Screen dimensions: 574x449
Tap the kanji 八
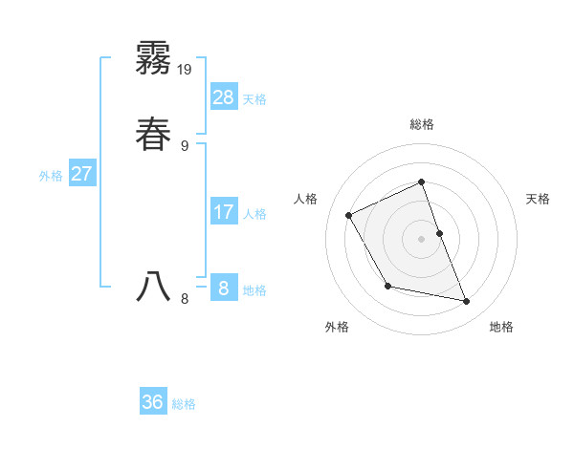click(153, 286)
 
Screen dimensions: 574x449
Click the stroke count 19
click(186, 69)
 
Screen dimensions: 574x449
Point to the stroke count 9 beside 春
click(185, 145)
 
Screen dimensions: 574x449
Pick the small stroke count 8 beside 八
click(185, 299)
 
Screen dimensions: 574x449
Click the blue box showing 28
click(224, 96)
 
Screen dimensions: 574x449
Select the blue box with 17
click(224, 211)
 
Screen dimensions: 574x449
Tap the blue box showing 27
click(82, 174)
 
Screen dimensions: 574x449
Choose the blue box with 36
click(153, 402)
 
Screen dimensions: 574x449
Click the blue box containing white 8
click(224, 288)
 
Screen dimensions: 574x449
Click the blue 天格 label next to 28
click(254, 99)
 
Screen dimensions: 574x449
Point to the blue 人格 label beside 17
click(254, 214)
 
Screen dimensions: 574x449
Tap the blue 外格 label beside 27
click(51, 176)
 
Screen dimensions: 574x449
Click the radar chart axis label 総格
click(422, 124)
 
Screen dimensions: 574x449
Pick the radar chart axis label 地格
click(501, 327)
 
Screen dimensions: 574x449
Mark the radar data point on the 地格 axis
click(467, 302)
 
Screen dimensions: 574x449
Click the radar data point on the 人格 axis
click(349, 216)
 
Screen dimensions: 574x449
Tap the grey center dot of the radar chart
click(421, 238)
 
